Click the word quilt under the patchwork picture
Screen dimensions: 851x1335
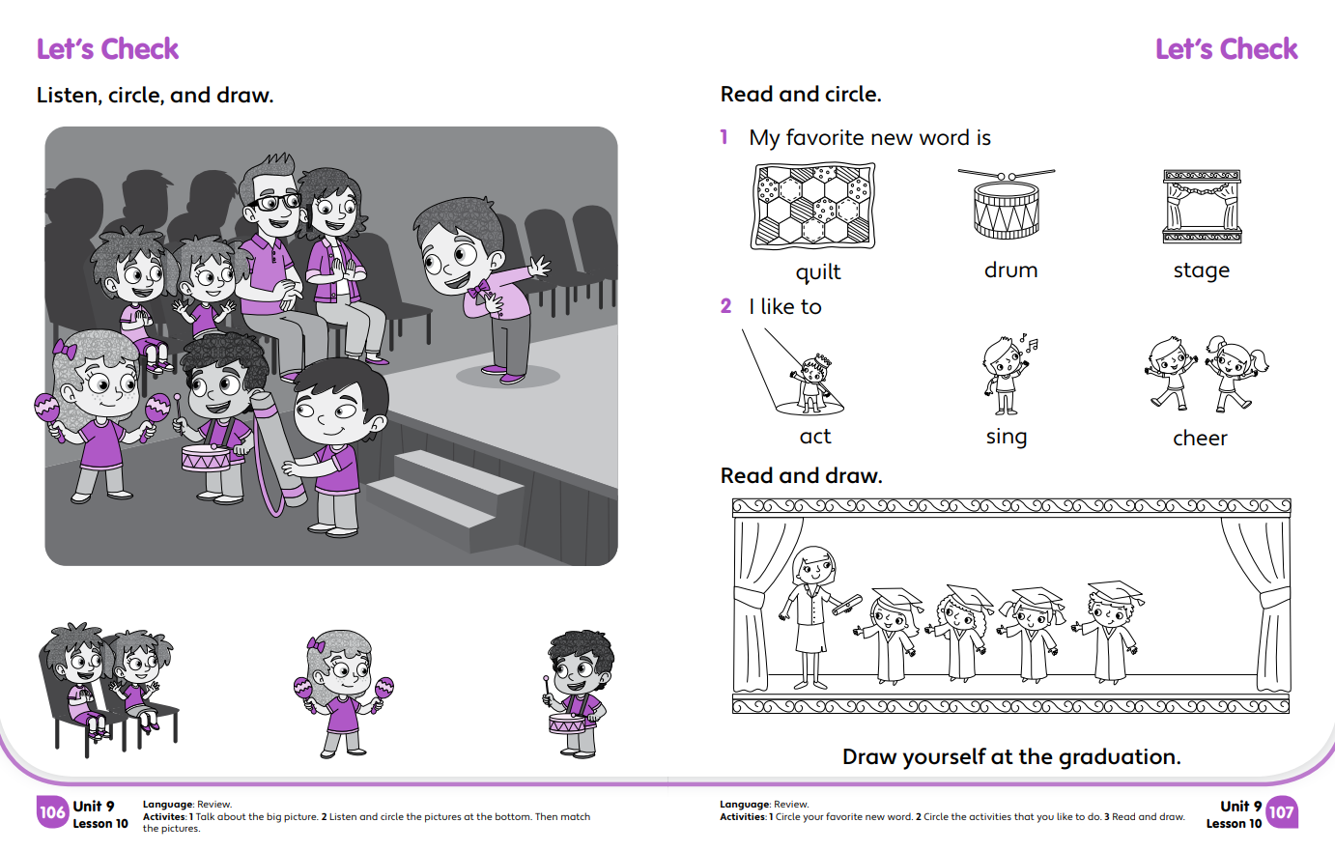[x=817, y=272]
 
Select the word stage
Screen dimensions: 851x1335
[x=1201, y=270]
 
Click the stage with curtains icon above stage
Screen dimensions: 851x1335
[x=1202, y=207]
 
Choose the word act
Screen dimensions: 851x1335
[x=814, y=437]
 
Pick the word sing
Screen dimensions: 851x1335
[x=1006, y=438]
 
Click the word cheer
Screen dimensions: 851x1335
[x=1200, y=439]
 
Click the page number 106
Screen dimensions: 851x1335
[x=52, y=812]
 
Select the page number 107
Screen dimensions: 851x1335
[x=1281, y=812]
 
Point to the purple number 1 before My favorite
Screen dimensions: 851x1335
[x=724, y=137]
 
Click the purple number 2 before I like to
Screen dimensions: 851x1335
[x=725, y=306]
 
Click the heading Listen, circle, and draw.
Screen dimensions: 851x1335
[x=155, y=95]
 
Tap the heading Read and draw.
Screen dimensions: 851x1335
[x=801, y=475]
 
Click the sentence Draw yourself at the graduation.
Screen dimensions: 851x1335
[x=1010, y=756]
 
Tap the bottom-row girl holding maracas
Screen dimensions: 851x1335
[x=342, y=691]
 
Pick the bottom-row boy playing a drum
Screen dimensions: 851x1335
[x=578, y=693]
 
